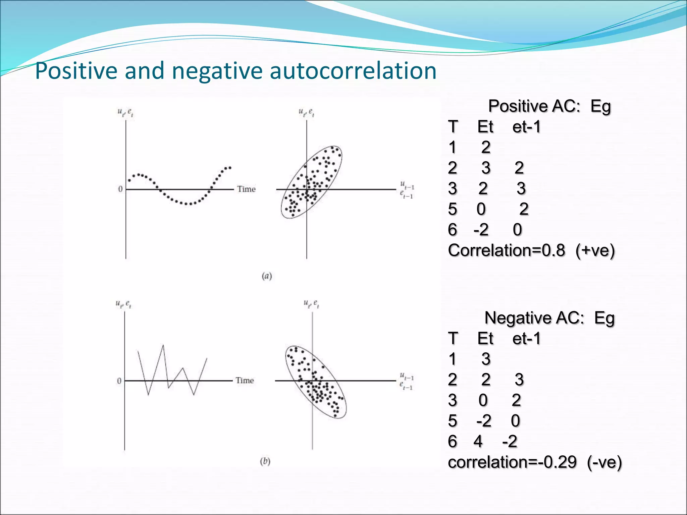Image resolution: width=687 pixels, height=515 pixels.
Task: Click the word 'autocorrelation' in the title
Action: point(353,71)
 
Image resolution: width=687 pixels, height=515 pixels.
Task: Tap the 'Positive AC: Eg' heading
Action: point(549,107)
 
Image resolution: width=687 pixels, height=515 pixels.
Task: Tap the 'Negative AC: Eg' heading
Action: point(549,318)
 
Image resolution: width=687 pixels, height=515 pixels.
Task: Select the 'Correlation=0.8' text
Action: point(506,250)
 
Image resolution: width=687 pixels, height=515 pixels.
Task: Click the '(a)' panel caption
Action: point(267,276)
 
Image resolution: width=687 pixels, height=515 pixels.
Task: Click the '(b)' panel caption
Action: point(265,461)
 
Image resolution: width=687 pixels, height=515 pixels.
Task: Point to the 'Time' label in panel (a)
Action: point(246,189)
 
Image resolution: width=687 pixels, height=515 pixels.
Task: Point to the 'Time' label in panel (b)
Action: point(245,381)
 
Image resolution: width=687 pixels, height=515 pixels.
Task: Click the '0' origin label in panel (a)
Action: point(120,189)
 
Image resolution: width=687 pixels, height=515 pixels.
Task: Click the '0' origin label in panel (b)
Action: point(119,381)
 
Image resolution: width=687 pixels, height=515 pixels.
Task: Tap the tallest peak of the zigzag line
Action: point(163,345)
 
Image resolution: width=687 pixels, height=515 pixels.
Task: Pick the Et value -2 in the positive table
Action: point(481,230)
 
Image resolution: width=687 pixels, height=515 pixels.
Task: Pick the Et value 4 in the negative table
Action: point(478,442)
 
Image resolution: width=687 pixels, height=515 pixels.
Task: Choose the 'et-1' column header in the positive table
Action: point(526,127)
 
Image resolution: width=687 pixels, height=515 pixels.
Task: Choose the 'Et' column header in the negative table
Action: point(485,339)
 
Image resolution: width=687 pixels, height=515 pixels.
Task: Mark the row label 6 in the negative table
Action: point(453,442)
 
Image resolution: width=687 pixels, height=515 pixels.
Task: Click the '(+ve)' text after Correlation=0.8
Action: point(595,250)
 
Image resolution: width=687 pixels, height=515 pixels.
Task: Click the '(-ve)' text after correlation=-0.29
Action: point(604,462)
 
